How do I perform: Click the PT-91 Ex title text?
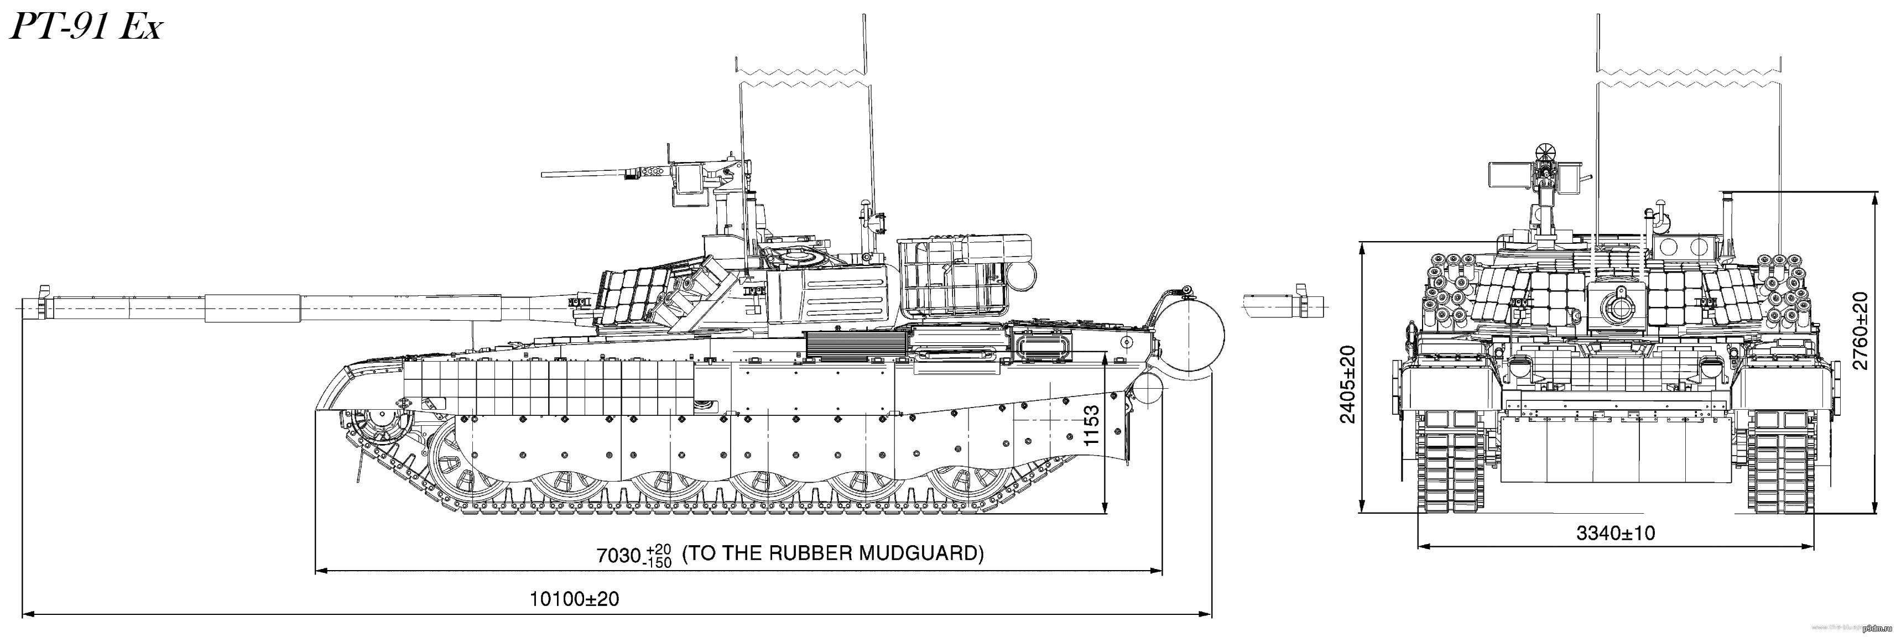tap(84, 29)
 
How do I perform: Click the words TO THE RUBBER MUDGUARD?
tap(832, 553)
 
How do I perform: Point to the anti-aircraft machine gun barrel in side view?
tap(581, 174)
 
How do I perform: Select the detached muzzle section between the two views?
tap(1284, 303)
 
